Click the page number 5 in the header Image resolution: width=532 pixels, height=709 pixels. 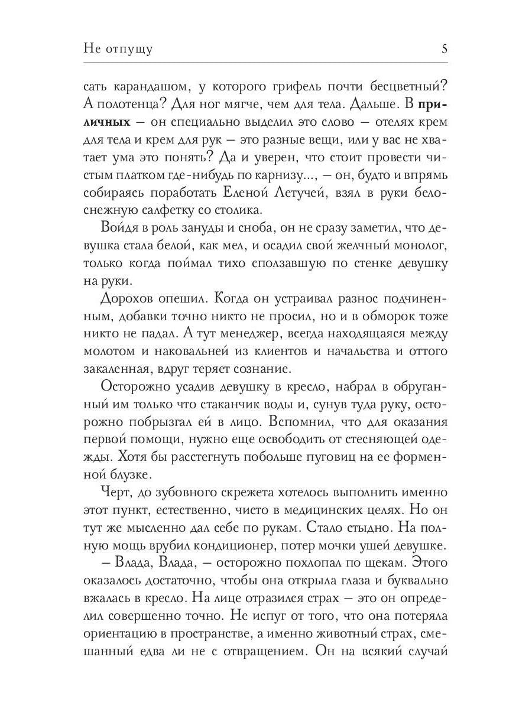(444, 48)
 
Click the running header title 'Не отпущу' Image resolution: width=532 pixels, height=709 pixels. (118, 49)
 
